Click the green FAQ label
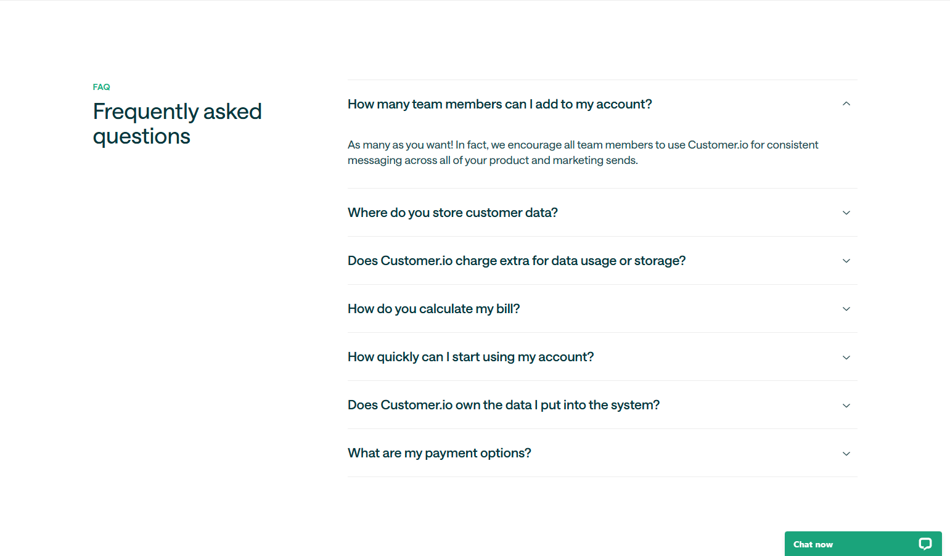101,87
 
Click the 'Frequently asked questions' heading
178,123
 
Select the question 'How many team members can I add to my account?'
499,104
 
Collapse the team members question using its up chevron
846,104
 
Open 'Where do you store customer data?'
452,213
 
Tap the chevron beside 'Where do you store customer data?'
846,213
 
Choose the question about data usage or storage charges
517,261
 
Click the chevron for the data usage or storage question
846,261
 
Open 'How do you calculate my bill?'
433,309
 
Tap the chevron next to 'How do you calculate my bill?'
846,309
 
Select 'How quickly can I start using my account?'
470,357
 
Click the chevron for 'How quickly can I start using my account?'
846,358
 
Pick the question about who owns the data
503,405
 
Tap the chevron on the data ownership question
846,406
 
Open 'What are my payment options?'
439,453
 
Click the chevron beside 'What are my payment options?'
846,454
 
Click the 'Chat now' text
813,544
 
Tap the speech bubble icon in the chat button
925,544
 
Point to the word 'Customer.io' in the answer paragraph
718,145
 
